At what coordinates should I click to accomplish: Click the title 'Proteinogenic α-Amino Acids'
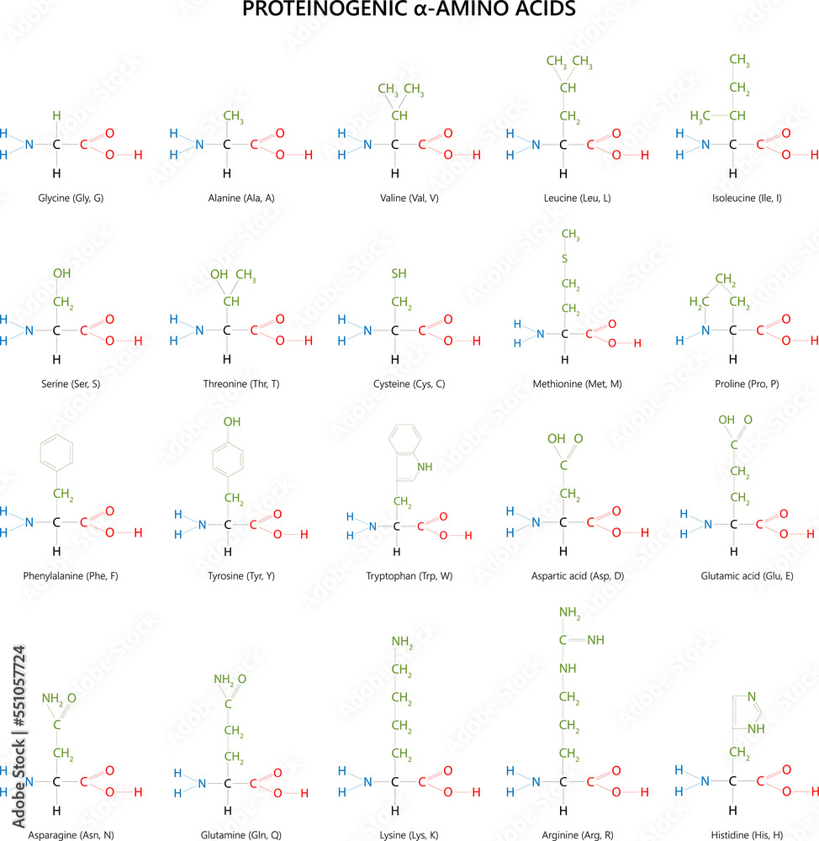tap(409, 11)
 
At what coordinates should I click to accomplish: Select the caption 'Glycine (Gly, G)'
tap(71, 198)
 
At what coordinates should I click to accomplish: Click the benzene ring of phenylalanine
tap(57, 454)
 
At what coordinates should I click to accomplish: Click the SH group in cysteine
tap(399, 274)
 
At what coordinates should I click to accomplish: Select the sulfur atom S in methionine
tap(565, 257)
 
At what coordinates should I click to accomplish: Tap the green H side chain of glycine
tap(56, 115)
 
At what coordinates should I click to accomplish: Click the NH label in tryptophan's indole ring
tap(425, 466)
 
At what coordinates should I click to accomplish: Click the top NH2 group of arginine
tap(570, 611)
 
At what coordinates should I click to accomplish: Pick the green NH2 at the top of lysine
tap(401, 644)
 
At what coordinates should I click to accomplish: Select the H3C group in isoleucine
tap(700, 115)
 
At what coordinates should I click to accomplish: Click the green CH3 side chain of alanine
tap(233, 116)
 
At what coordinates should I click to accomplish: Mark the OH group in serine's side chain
tap(61, 274)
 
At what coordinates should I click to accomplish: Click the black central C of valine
tap(394, 145)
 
